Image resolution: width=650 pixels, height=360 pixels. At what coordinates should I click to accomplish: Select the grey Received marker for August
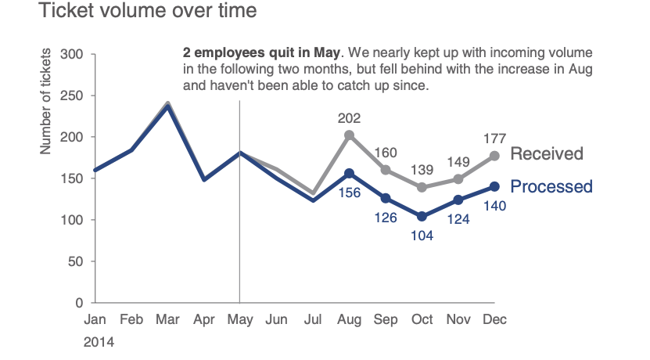tap(349, 135)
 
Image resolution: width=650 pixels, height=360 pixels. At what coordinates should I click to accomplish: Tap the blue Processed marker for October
tap(422, 216)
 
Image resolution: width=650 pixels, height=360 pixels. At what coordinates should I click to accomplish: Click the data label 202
tap(349, 119)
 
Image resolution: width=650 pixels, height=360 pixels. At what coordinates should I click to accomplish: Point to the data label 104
tap(422, 235)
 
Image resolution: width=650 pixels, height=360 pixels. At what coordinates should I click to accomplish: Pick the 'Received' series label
tap(547, 153)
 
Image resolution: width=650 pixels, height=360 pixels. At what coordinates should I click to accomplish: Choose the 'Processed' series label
tap(551, 187)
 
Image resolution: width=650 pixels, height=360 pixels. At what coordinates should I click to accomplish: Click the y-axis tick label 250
tap(72, 96)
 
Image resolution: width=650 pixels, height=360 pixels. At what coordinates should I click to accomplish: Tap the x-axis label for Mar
tap(167, 319)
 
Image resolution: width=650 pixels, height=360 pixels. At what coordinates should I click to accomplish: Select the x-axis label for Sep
tap(386, 319)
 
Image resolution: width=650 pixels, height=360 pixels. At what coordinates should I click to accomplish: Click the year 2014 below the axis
tap(99, 342)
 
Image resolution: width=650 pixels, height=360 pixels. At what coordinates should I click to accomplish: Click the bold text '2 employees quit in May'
tap(261, 54)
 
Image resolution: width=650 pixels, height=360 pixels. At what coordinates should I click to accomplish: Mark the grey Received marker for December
tap(494, 156)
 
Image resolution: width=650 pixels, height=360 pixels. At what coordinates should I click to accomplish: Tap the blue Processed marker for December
tap(494, 186)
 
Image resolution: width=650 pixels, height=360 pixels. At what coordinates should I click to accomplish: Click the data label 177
tap(494, 139)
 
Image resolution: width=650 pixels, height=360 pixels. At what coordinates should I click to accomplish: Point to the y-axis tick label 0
tap(79, 303)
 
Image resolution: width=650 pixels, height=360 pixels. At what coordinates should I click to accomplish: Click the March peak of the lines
tap(167, 105)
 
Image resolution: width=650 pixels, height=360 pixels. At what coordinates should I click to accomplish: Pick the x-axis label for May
tap(239, 319)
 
